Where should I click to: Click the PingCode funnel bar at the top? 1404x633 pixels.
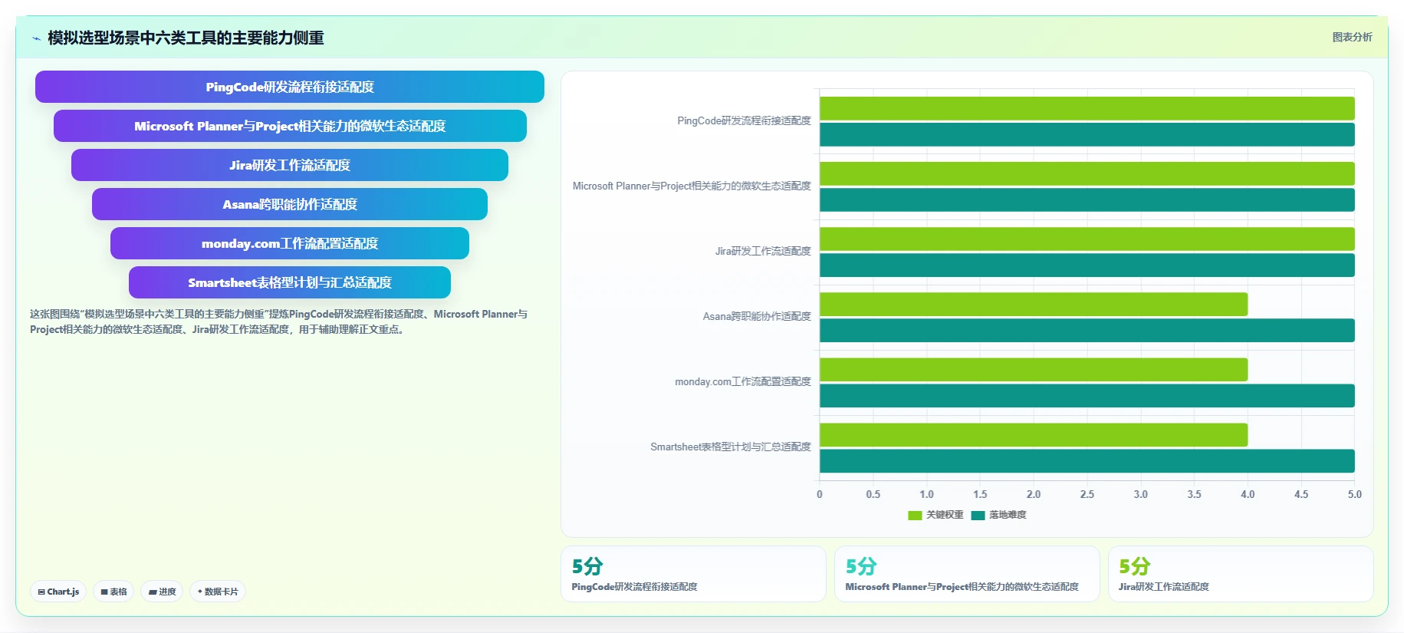(290, 87)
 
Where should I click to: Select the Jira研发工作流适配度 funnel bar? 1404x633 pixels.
(290, 165)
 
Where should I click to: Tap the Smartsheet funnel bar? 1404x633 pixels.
(290, 282)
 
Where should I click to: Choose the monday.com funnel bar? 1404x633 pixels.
(290, 243)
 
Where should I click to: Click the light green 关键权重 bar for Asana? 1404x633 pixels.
(1034, 304)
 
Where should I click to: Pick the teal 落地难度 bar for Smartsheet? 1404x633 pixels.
(1087, 461)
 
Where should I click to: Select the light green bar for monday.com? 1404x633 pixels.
(1034, 369)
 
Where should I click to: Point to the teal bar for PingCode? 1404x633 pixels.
(1087, 134)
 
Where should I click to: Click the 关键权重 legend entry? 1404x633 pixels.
(935, 515)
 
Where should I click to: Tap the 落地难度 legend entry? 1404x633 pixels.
(998, 515)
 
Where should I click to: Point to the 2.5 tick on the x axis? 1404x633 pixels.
(1087, 494)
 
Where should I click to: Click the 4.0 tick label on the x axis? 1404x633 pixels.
(1248, 494)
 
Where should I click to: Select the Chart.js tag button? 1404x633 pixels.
(58, 592)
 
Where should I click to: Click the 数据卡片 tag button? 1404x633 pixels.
(218, 592)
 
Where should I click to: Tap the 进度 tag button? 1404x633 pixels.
(162, 592)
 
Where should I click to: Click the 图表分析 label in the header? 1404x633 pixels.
(1352, 37)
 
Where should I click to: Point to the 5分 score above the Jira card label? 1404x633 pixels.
(1134, 566)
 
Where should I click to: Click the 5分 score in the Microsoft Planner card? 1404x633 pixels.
(860, 566)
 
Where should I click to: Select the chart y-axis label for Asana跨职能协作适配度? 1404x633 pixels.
(757, 316)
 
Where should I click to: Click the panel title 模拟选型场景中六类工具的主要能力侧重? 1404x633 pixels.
(186, 38)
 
